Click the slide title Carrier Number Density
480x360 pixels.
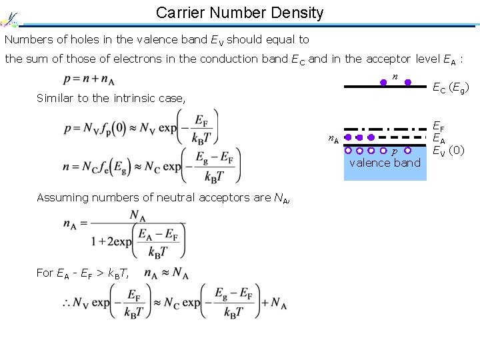(239, 12)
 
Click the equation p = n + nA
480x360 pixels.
(90, 79)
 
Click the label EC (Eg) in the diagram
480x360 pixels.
(451, 87)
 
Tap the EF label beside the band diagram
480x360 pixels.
(439, 125)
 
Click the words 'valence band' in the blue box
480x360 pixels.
(385, 163)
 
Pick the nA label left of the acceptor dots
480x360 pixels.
(333, 139)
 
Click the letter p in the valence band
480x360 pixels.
(395, 152)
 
